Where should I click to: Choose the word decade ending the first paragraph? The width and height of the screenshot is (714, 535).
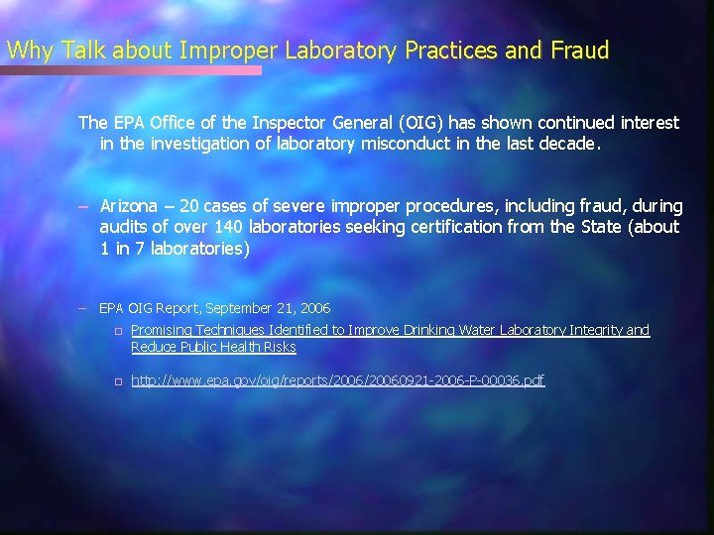[x=568, y=143]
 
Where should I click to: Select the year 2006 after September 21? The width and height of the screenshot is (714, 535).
[x=311, y=309]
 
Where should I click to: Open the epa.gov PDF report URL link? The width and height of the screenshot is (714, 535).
[x=337, y=380]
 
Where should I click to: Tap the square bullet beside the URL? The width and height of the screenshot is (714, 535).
[x=116, y=381]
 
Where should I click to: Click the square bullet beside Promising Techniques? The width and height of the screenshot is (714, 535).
[x=116, y=331]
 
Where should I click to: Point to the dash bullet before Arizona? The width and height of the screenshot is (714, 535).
[x=86, y=206]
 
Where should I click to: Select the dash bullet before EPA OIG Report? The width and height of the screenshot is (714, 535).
[x=86, y=309]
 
